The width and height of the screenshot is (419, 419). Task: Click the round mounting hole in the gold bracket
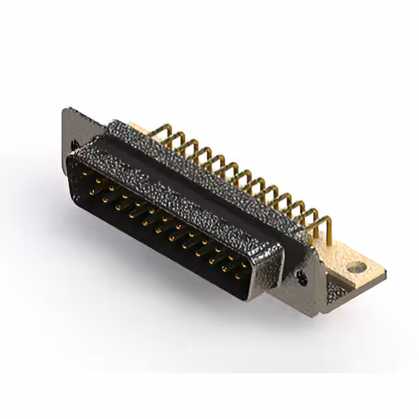pos(356,268)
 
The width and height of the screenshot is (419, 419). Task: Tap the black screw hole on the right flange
pos(301,275)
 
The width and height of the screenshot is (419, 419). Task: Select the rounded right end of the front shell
pos(275,268)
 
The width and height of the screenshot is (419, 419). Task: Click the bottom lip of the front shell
pos(164,262)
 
